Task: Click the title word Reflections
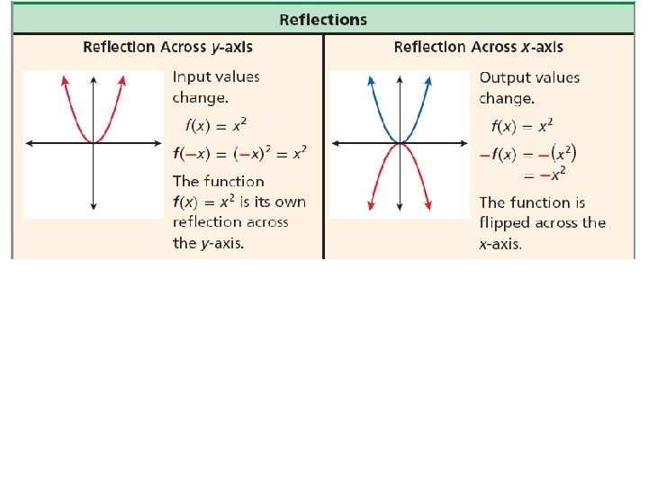point(323,19)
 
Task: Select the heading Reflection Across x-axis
point(479,47)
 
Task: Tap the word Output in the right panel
point(505,77)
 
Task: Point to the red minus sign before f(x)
point(484,155)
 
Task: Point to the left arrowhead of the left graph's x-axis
point(29,143)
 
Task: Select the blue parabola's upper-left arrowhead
point(371,79)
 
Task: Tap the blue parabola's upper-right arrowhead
point(429,79)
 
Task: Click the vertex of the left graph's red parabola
point(93,142)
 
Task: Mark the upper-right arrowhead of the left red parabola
point(121,79)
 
